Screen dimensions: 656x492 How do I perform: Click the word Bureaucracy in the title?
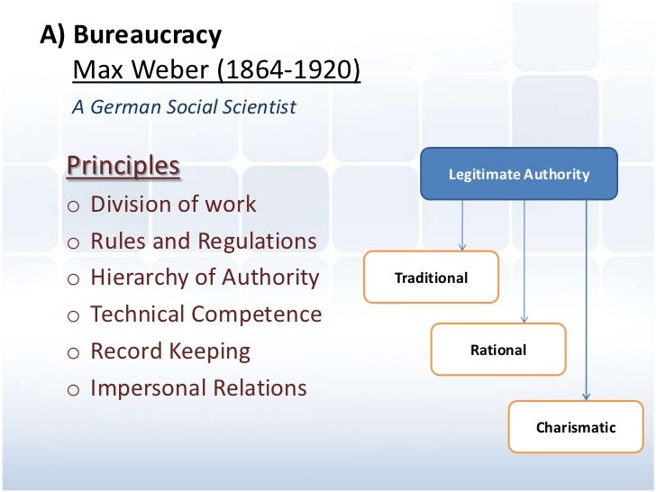pyautogui.click(x=147, y=36)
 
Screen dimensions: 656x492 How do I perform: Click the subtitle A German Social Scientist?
pyautogui.click(x=184, y=106)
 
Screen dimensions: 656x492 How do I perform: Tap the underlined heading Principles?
pyautogui.click(x=123, y=168)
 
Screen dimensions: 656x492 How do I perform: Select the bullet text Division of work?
pyautogui.click(x=173, y=205)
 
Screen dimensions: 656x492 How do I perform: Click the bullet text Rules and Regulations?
pyautogui.click(x=204, y=241)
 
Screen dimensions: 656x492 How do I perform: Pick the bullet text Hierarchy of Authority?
pyautogui.click(x=205, y=278)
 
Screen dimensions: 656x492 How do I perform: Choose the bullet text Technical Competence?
pyautogui.click(x=205, y=314)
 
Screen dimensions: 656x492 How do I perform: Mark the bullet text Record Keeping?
pyautogui.click(x=170, y=351)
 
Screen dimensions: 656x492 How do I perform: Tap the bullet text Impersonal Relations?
pyautogui.click(x=198, y=388)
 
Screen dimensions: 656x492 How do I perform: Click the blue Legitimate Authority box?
pyautogui.click(x=519, y=174)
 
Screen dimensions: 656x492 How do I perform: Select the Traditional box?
pyautogui.click(x=431, y=278)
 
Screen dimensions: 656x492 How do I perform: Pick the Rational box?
pyautogui.click(x=498, y=350)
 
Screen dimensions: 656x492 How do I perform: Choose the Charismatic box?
pyautogui.click(x=576, y=427)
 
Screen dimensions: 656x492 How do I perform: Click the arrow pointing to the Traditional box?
pyautogui.click(x=462, y=225)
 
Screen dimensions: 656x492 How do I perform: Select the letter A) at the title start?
pyautogui.click(x=52, y=36)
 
